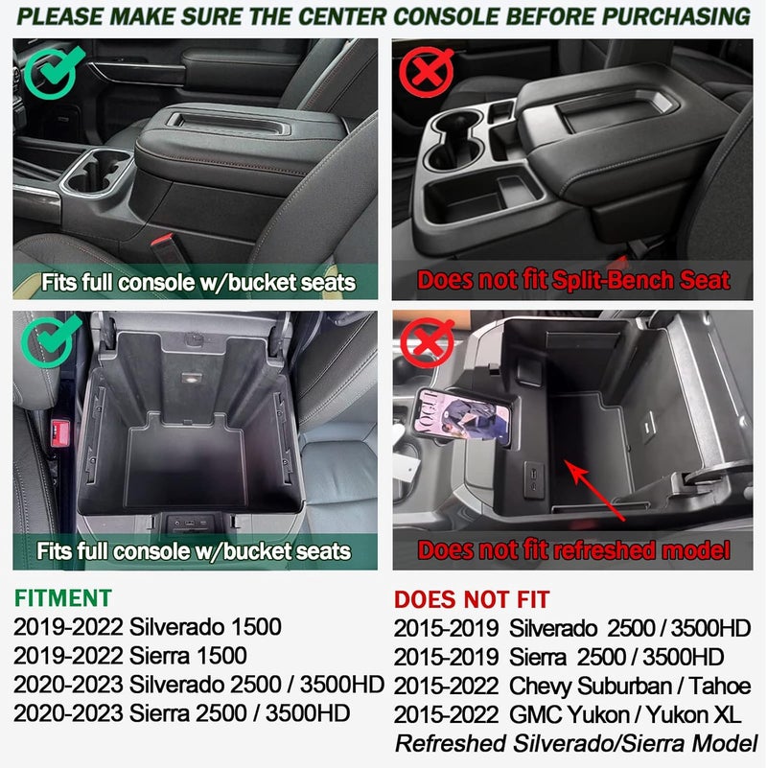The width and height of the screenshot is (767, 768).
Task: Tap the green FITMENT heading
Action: click(63, 598)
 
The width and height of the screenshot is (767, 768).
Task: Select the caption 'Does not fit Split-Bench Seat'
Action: click(573, 281)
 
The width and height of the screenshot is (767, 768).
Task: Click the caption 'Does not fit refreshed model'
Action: click(573, 550)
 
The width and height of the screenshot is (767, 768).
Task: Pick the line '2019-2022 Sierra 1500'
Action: click(130, 656)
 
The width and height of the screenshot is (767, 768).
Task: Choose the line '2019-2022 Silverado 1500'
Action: click(148, 628)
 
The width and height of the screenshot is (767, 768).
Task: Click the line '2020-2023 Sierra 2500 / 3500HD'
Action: click(182, 713)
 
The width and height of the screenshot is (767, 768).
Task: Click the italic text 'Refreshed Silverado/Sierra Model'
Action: click(576, 743)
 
